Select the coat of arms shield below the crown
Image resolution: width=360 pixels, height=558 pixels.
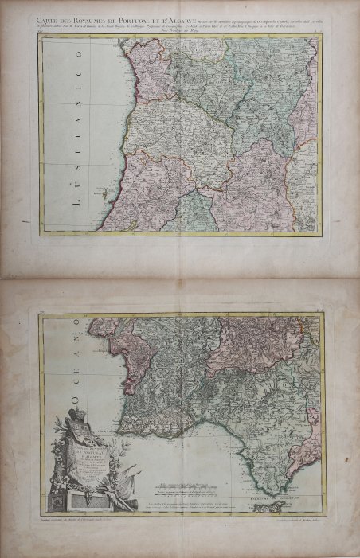pyautogui.click(x=78, y=436)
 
